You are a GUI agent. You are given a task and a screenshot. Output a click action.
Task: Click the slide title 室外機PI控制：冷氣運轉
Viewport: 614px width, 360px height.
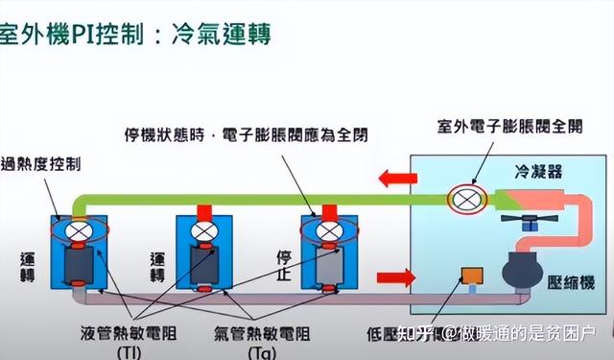point(134,36)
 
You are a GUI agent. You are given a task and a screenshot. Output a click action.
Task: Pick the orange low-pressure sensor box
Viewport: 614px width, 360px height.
point(472,275)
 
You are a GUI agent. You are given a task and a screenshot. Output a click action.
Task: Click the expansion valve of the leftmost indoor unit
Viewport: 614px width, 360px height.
point(82,231)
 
